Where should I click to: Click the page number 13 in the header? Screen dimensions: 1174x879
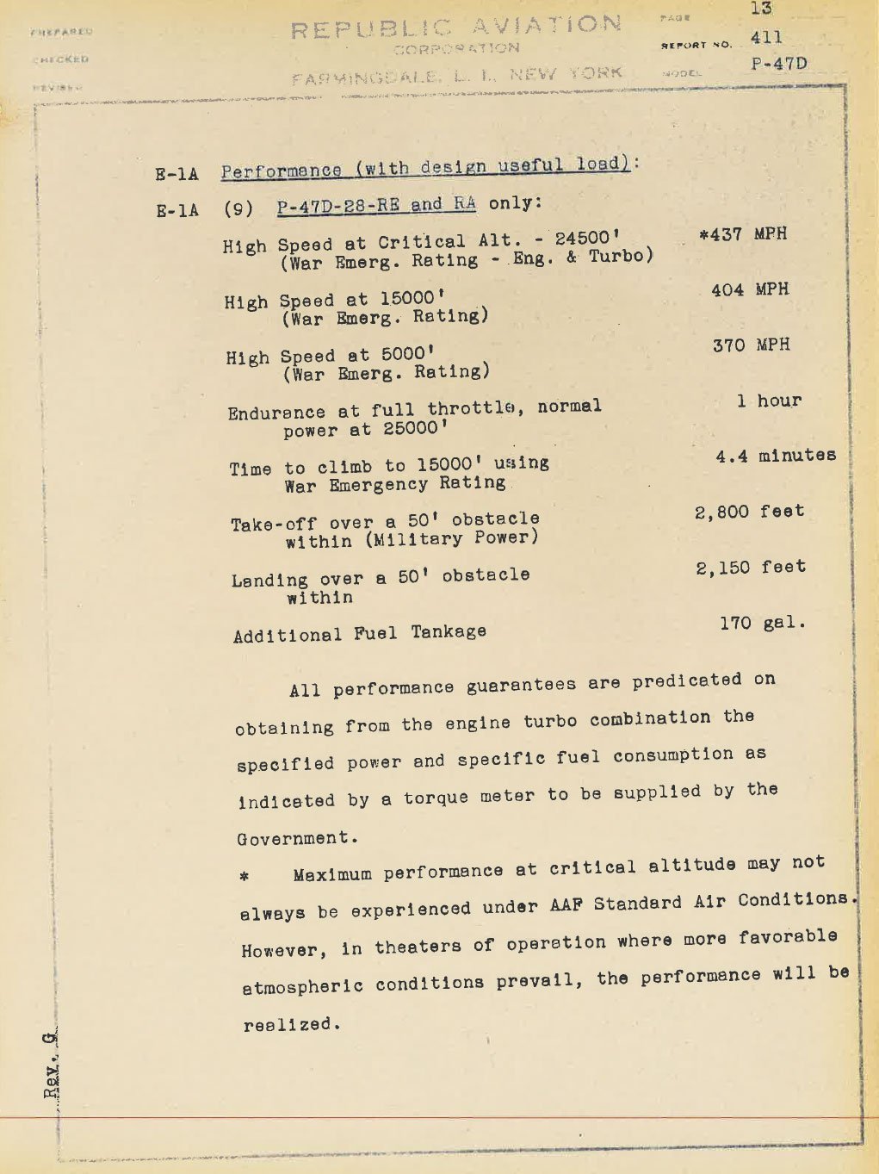click(x=761, y=9)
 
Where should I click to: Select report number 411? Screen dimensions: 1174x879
click(x=766, y=38)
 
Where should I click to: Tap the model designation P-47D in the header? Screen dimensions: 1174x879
click(x=779, y=64)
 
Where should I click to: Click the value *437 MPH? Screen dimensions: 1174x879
click(x=743, y=234)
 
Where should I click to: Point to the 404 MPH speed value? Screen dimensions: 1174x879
click(x=749, y=289)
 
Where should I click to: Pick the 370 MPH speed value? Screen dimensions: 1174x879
click(x=751, y=345)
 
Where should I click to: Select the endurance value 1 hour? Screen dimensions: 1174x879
click(x=769, y=401)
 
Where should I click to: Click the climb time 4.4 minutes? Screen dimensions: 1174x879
click(x=775, y=456)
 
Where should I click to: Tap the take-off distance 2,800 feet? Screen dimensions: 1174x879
click(x=749, y=512)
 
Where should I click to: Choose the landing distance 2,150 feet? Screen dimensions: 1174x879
click(x=751, y=568)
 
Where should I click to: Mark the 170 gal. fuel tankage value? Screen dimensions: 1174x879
click(x=763, y=623)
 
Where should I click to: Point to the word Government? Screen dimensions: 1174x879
click(x=295, y=838)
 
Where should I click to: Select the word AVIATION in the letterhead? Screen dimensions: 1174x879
click(x=547, y=25)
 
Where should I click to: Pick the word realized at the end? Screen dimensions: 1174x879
click(x=292, y=1025)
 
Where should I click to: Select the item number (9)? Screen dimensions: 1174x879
click(x=238, y=208)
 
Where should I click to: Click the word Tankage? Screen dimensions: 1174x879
click(x=449, y=632)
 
